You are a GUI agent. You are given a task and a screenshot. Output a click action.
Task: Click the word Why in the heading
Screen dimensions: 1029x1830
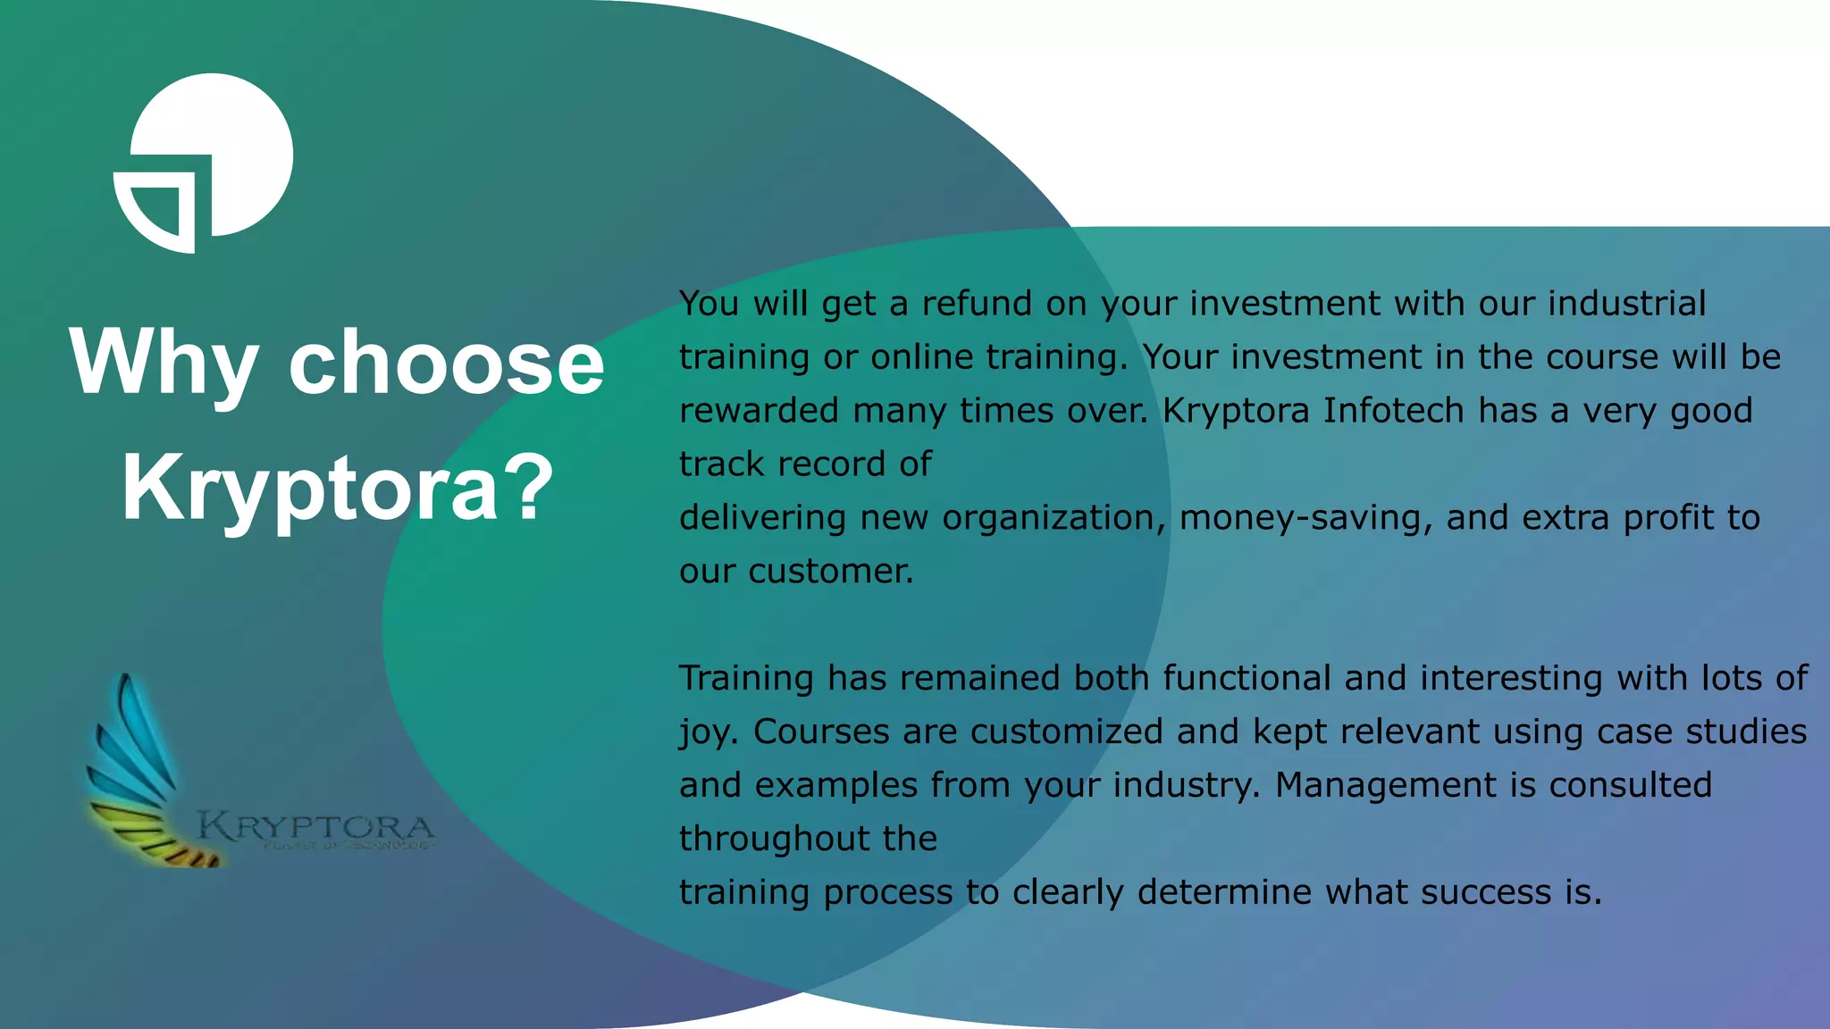coord(164,363)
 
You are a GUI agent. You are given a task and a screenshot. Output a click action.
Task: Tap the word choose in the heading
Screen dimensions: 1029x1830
coord(446,363)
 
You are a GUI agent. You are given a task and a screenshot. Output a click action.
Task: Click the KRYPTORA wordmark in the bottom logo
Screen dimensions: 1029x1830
coord(315,826)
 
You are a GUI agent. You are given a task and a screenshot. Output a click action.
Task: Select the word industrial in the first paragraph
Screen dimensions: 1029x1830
coord(1626,304)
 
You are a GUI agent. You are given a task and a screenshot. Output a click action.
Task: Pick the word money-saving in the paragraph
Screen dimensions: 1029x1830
coord(1301,518)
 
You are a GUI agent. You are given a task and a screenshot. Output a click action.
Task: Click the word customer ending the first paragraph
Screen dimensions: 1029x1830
coord(830,572)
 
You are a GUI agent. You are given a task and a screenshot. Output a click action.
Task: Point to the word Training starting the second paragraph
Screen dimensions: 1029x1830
coord(746,679)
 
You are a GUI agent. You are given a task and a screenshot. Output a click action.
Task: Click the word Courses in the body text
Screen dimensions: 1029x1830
coord(821,732)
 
